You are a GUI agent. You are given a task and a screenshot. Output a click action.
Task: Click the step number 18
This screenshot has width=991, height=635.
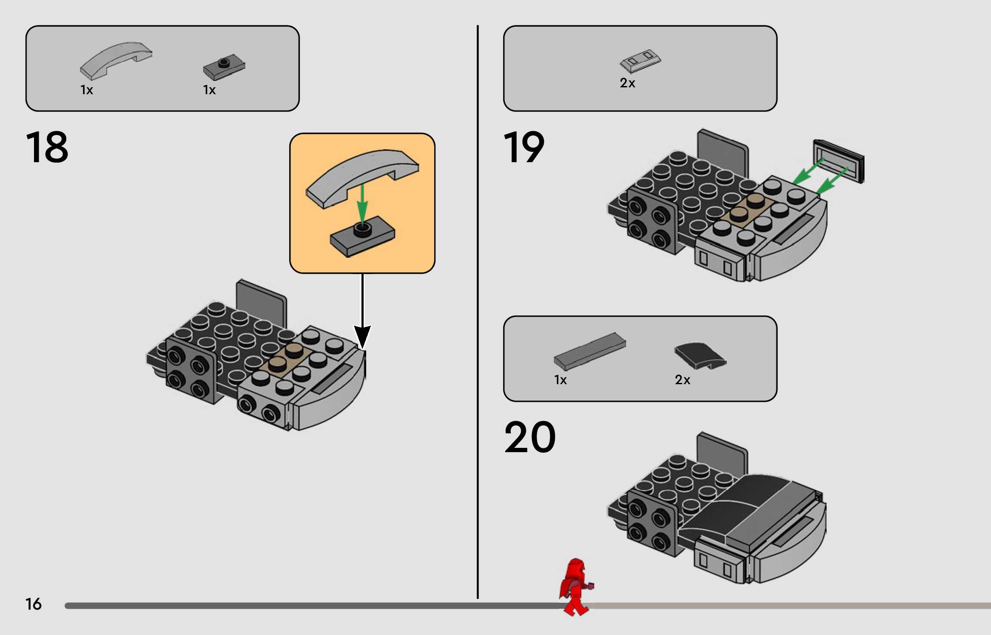click(x=47, y=147)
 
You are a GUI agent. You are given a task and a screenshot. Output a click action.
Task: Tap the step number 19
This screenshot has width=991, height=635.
click(x=524, y=147)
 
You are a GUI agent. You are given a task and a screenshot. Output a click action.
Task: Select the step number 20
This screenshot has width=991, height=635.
click(x=530, y=437)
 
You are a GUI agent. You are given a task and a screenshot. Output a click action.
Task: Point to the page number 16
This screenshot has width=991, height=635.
click(x=33, y=604)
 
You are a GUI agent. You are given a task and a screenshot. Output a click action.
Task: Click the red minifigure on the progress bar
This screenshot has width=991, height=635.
click(x=576, y=587)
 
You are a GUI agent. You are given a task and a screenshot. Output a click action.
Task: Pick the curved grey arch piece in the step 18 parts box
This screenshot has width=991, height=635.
click(x=116, y=60)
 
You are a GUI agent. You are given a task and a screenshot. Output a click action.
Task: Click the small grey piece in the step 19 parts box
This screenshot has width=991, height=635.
click(x=640, y=61)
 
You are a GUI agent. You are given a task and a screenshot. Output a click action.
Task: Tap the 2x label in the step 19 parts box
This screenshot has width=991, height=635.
click(x=627, y=83)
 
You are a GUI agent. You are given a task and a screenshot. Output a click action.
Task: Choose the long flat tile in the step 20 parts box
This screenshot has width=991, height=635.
click(x=590, y=351)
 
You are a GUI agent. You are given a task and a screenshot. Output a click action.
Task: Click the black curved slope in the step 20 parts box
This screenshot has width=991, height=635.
click(x=700, y=356)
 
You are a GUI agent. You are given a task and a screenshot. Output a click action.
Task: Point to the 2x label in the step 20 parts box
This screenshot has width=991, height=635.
click(x=682, y=380)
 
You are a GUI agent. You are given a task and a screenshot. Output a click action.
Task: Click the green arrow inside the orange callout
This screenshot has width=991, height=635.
click(x=362, y=204)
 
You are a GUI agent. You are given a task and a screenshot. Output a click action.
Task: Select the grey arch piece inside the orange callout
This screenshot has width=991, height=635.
click(x=362, y=177)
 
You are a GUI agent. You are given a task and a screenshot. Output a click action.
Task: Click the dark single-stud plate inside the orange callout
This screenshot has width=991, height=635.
click(x=362, y=236)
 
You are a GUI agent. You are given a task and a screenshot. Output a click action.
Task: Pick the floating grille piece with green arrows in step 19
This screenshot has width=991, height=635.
click(x=839, y=161)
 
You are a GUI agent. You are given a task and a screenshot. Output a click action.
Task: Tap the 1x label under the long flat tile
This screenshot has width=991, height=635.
click(x=560, y=380)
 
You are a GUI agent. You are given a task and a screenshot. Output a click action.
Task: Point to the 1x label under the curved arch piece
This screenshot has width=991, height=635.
click(x=86, y=90)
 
